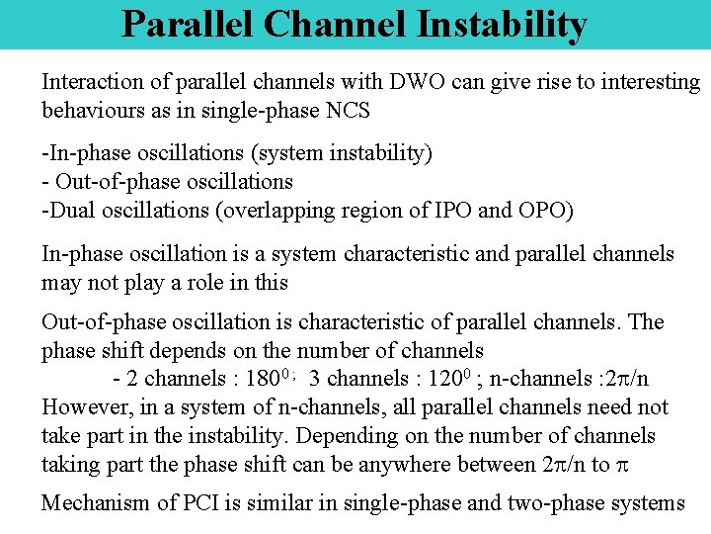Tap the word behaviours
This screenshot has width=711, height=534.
(92, 110)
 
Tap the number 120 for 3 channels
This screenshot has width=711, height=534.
(447, 380)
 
